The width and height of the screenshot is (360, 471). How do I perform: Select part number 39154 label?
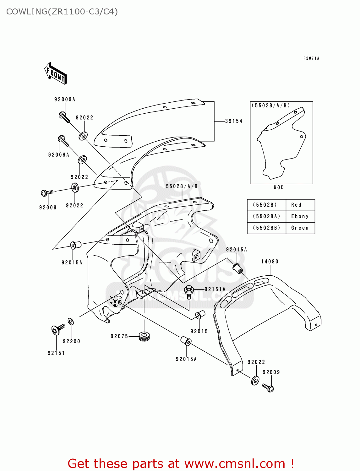pyautogui.click(x=234, y=121)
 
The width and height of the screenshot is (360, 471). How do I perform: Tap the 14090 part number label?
pyautogui.click(x=270, y=261)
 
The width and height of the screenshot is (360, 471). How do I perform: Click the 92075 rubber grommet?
pyautogui.click(x=144, y=336)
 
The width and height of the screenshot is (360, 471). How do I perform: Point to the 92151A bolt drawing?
pyautogui.click(x=189, y=291)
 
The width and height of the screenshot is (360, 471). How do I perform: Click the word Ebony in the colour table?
pyautogui.click(x=300, y=216)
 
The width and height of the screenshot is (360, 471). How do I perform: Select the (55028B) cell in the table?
pyautogui.click(x=266, y=228)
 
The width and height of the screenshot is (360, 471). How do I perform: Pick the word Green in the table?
pyautogui.click(x=300, y=228)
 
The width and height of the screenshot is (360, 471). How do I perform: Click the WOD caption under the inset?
pyautogui.click(x=279, y=187)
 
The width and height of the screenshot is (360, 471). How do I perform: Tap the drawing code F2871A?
pyautogui.click(x=311, y=58)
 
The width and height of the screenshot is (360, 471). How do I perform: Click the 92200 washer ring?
pyautogui.click(x=71, y=322)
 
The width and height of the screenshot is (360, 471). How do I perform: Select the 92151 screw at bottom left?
pyautogui.click(x=57, y=329)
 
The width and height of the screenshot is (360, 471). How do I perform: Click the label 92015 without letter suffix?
pyautogui.click(x=199, y=331)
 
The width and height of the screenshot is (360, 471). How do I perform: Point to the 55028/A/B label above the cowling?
pyautogui.click(x=182, y=186)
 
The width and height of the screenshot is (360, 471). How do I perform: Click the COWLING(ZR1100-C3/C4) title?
pyautogui.click(x=62, y=12)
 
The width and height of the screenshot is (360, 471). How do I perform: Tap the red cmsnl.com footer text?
pyautogui.click(x=181, y=463)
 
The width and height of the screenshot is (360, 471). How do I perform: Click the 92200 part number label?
pyautogui.click(x=71, y=341)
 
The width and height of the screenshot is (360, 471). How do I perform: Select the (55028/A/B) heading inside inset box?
pyautogui.click(x=270, y=106)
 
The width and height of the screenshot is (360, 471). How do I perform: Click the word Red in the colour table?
pyautogui.click(x=296, y=205)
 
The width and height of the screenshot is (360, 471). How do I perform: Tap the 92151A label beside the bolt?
pyautogui.click(x=215, y=289)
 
